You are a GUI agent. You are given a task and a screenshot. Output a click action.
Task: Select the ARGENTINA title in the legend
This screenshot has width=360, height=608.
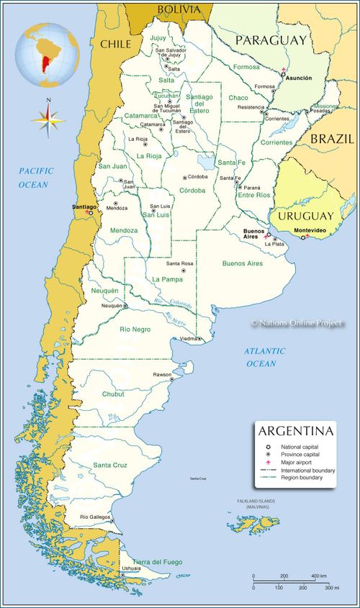(296, 431)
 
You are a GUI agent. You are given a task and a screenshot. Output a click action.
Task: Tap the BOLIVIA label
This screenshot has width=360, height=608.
(179, 9)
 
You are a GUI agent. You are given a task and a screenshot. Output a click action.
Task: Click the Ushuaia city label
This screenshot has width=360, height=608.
(131, 568)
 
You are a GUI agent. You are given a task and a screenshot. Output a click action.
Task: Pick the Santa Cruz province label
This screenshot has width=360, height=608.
(110, 466)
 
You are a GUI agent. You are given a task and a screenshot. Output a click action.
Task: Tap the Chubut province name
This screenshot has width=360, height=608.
(113, 394)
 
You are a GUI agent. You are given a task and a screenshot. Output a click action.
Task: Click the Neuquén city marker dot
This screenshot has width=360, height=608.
(125, 306)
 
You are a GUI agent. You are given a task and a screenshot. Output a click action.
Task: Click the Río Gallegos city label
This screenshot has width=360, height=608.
(94, 517)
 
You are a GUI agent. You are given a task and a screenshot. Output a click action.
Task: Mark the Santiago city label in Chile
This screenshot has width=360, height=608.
(84, 207)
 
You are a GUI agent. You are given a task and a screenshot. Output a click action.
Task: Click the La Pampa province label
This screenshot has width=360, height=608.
(166, 278)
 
